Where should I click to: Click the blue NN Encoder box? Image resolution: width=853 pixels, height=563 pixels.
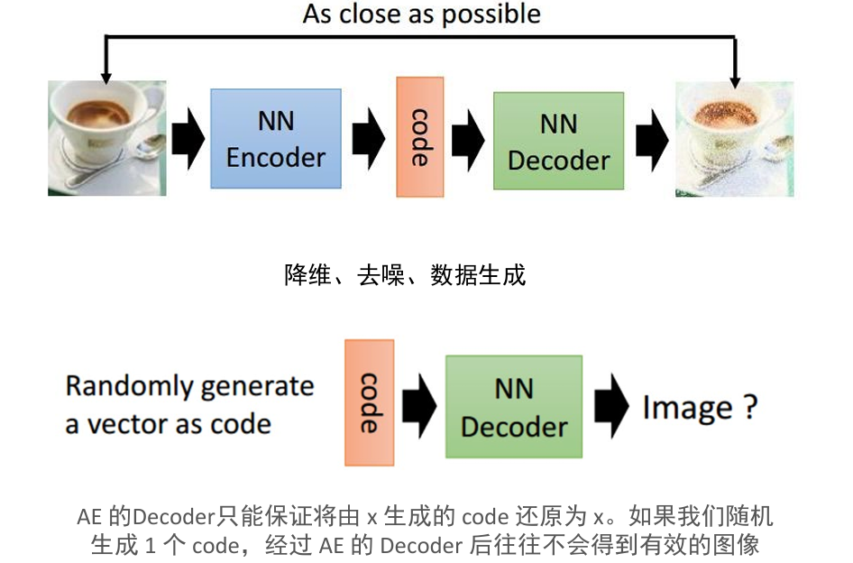[276, 138]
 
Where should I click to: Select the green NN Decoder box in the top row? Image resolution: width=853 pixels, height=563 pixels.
[558, 142]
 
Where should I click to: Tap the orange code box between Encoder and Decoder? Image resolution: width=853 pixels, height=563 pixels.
[419, 137]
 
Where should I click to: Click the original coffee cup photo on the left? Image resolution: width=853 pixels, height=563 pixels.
[107, 137]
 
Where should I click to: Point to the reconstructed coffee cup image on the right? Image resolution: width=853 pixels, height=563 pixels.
[735, 138]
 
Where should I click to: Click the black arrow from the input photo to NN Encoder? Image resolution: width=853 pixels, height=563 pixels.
[188, 141]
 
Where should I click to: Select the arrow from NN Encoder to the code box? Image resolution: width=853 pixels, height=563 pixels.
[368, 141]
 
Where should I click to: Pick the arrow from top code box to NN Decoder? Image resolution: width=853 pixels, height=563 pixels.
[468, 141]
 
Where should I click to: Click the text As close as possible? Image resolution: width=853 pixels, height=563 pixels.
[422, 14]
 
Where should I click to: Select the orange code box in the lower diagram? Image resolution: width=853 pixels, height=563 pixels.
[369, 402]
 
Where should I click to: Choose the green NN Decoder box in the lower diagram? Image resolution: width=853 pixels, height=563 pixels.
[514, 406]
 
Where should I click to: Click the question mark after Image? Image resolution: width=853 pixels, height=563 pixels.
[748, 408]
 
